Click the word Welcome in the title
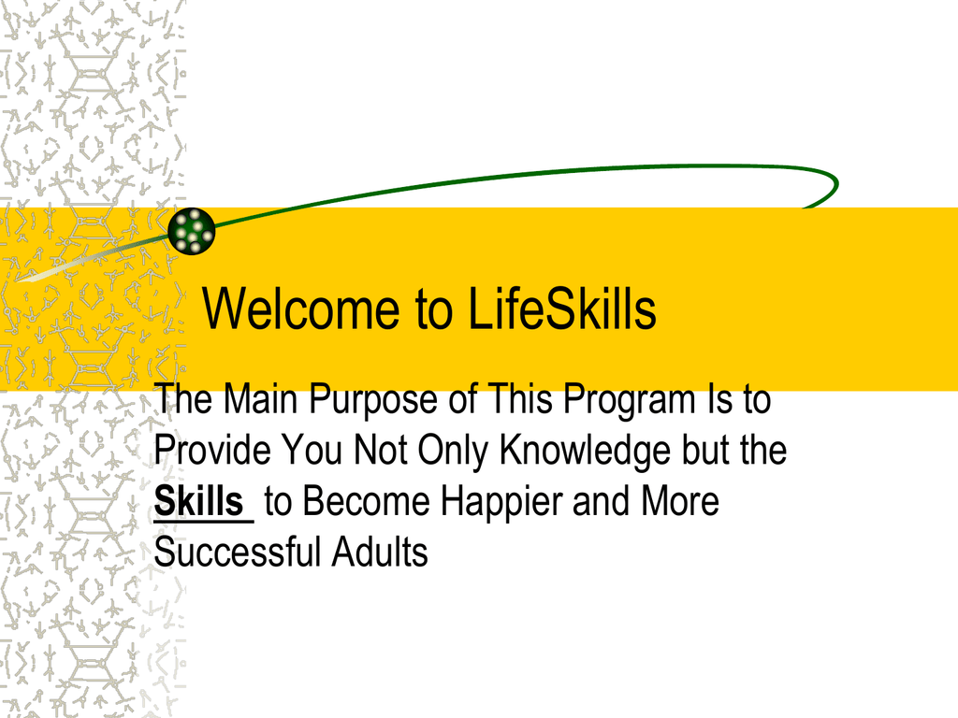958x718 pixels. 300,309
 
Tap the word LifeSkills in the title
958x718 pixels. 562,309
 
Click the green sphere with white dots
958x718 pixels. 192,231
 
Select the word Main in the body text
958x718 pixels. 260,398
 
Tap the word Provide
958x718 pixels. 212,450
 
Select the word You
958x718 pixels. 312,450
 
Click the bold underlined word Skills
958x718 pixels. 199,501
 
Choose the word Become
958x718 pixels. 366,501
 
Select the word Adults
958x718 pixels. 380,552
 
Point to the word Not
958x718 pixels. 380,450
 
